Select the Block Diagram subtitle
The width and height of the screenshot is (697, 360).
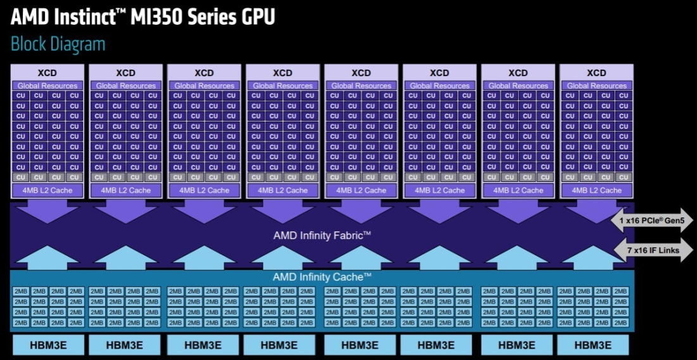tap(58, 44)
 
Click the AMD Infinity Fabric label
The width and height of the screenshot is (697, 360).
tap(322, 235)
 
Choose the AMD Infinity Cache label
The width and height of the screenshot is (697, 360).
tap(322, 278)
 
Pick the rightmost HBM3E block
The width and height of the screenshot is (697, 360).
tap(593, 345)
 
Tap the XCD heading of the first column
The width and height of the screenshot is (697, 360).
tap(47, 73)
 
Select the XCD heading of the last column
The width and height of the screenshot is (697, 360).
tap(596, 73)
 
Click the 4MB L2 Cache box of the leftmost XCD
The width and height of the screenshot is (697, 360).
tap(47, 190)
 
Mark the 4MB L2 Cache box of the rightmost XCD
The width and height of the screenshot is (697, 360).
tap(596, 190)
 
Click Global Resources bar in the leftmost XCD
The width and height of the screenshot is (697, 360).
tap(47, 86)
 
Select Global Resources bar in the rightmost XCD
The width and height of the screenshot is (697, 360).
tap(596, 86)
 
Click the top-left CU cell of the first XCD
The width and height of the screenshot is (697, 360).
tap(20, 96)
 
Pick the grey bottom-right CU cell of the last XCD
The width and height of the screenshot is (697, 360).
tap(623, 177)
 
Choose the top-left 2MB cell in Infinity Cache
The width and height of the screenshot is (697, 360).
tap(20, 292)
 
